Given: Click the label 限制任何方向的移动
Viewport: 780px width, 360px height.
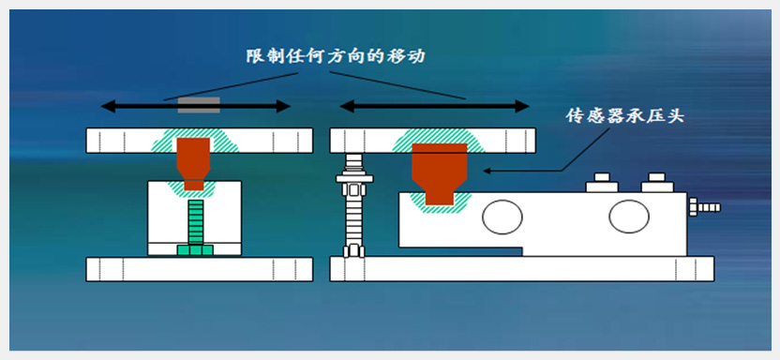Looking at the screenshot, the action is click(337, 56).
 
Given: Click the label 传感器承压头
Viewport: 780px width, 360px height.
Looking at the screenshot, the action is click(626, 115).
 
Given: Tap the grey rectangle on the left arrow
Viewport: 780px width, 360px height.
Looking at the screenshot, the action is click(199, 105).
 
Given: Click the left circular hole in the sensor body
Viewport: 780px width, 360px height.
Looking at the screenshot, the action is click(502, 217).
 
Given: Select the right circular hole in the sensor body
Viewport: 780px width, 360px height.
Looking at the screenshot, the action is click(629, 216).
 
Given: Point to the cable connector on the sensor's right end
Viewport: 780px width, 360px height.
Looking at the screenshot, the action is click(704, 206).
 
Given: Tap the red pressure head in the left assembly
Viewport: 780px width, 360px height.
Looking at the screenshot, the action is click(193, 163).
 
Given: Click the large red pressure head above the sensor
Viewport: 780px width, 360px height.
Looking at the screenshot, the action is click(440, 173).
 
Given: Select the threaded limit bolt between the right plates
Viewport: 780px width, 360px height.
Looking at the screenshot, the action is click(353, 205).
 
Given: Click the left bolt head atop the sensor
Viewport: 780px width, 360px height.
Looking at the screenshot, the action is click(602, 183).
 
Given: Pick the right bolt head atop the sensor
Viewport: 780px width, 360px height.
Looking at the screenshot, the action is click(657, 183).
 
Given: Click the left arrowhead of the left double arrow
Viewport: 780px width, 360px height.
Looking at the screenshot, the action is click(108, 105).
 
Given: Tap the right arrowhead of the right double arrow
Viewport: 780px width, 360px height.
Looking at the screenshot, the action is click(522, 105).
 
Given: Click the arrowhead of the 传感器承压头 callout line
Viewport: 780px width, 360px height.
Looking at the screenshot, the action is click(487, 171).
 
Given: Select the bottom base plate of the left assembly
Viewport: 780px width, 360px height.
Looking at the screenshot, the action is click(200, 269).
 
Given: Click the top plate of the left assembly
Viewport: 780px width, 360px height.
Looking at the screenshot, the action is click(200, 141).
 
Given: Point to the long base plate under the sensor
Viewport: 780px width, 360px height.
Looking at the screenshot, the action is click(522, 269).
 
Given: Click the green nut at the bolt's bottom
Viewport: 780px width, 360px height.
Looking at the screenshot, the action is click(196, 249).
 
